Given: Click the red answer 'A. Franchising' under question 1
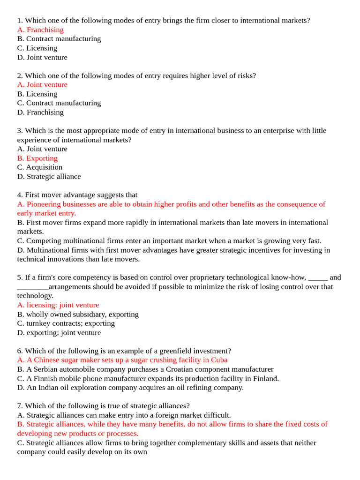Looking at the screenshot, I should click(x=40, y=30).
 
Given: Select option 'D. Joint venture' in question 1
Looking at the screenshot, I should click(x=42, y=57).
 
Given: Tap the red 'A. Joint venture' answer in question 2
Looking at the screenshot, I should click(x=42, y=84).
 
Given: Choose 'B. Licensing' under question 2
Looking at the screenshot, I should click(x=37, y=94).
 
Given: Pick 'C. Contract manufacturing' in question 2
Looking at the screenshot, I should click(x=59, y=103).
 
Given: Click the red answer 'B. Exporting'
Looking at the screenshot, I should click(x=37, y=158).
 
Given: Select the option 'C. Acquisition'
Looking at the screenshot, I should click(x=40, y=167).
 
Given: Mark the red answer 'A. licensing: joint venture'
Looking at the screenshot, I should click(x=58, y=305).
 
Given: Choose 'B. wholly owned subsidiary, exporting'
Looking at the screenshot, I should click(x=78, y=314).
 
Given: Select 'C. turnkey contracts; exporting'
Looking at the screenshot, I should click(x=66, y=323).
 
